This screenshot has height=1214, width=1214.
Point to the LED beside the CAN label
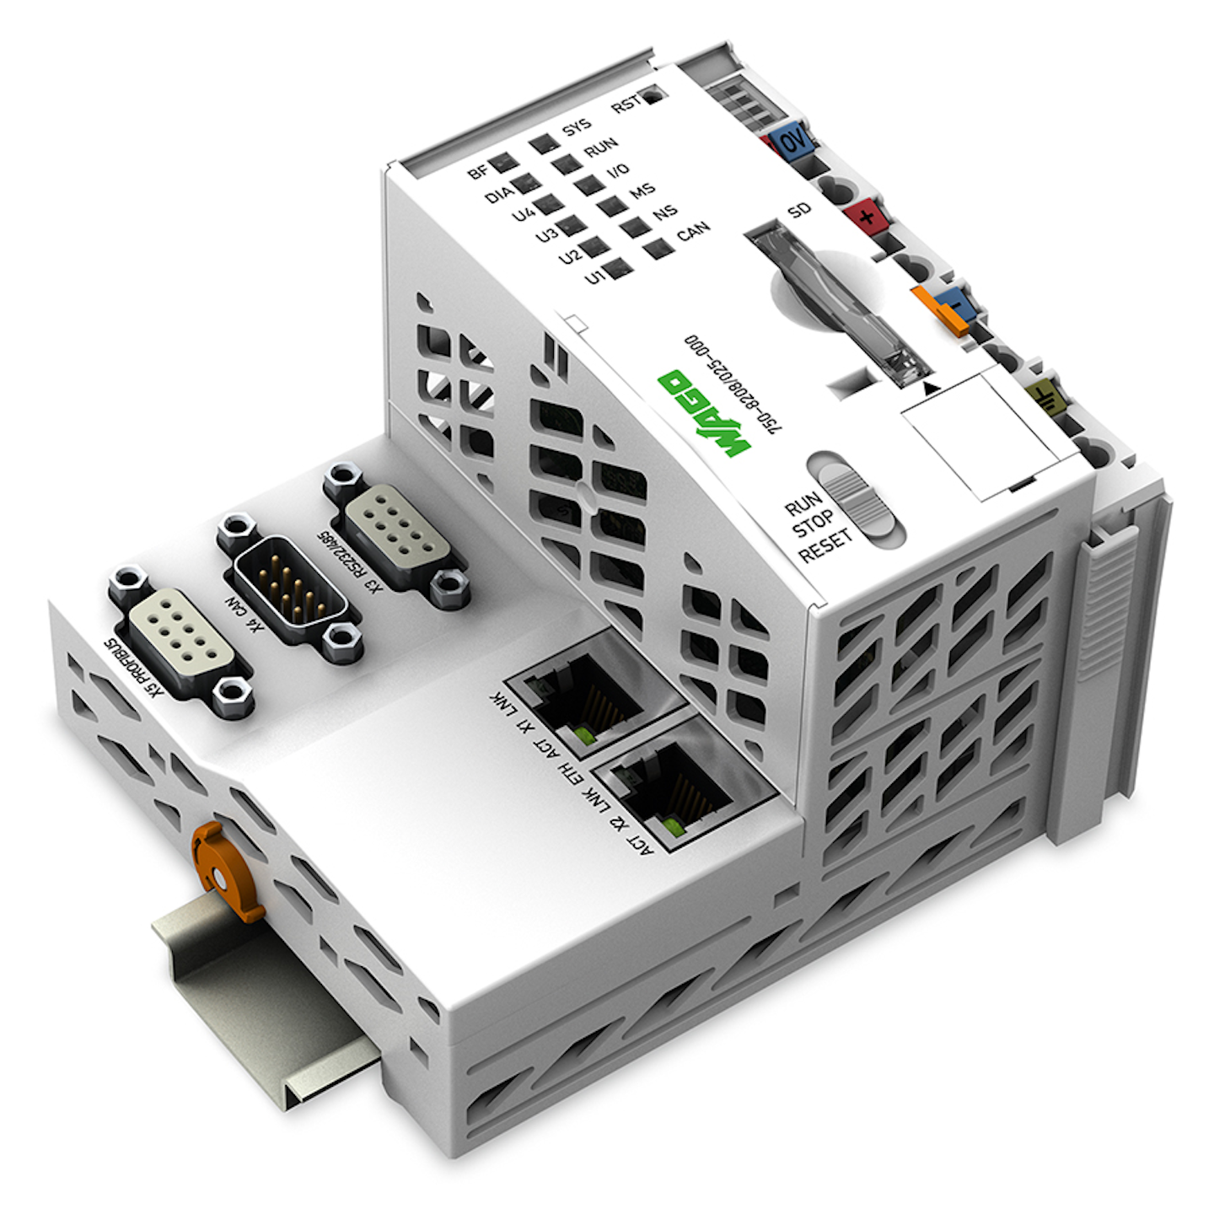pos(657,248)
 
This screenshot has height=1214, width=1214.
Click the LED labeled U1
pos(619,269)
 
